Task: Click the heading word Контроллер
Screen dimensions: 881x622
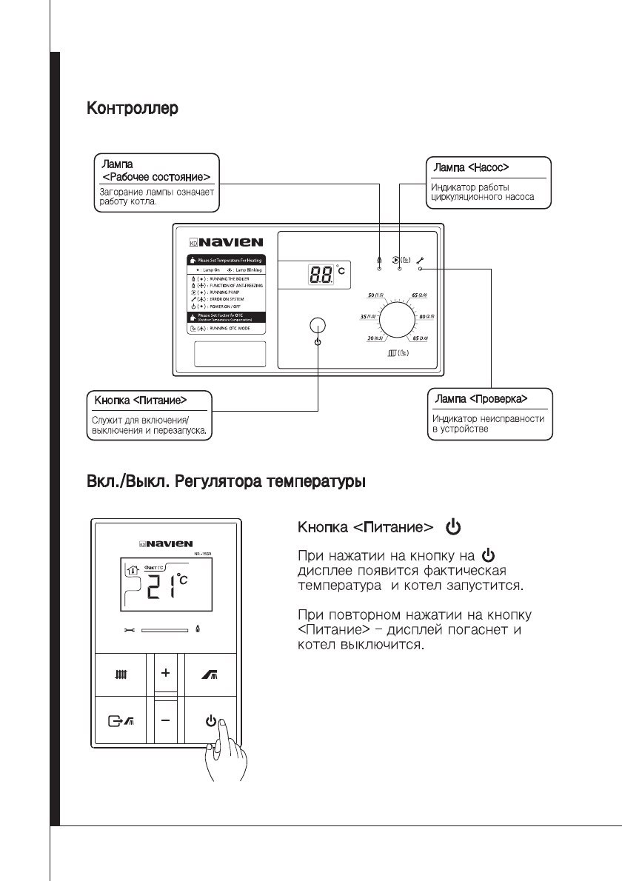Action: pos(133,110)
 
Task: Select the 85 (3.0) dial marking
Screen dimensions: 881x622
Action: pos(425,338)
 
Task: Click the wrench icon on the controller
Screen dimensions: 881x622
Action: pos(419,260)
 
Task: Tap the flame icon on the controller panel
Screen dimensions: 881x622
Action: pos(378,260)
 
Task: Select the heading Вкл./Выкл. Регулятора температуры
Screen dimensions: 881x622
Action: pos(227,481)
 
